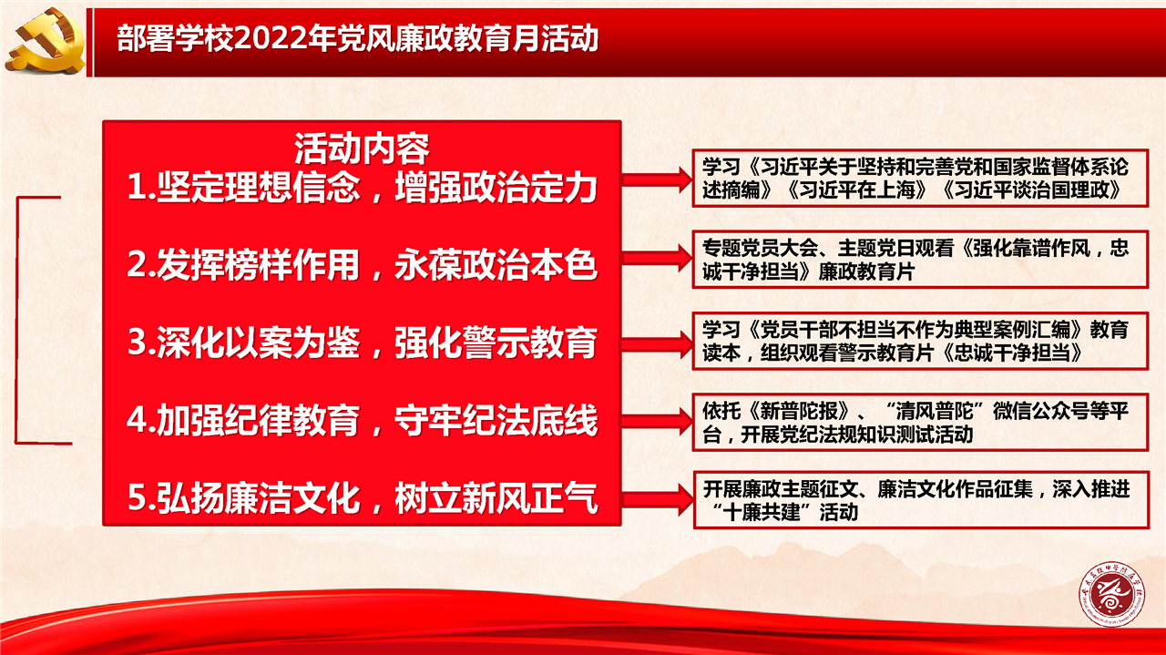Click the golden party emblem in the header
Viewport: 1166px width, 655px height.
click(46, 41)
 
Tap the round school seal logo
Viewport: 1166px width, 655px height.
click(1113, 594)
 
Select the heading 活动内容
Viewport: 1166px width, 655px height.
click(362, 148)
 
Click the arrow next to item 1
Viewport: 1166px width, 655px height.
click(658, 180)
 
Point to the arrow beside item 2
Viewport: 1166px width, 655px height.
click(658, 258)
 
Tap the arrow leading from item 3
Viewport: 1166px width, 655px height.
click(658, 344)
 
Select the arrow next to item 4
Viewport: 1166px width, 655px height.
click(658, 421)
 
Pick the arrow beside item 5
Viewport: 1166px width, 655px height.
click(658, 500)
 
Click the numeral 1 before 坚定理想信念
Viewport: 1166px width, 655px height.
click(138, 187)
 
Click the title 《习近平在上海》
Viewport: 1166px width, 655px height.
click(858, 190)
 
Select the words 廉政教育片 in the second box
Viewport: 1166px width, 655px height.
click(866, 271)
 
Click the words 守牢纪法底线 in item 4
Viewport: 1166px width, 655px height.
click(496, 420)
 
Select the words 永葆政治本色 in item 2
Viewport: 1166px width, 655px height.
click(496, 264)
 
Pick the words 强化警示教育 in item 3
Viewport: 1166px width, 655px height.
click(496, 343)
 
